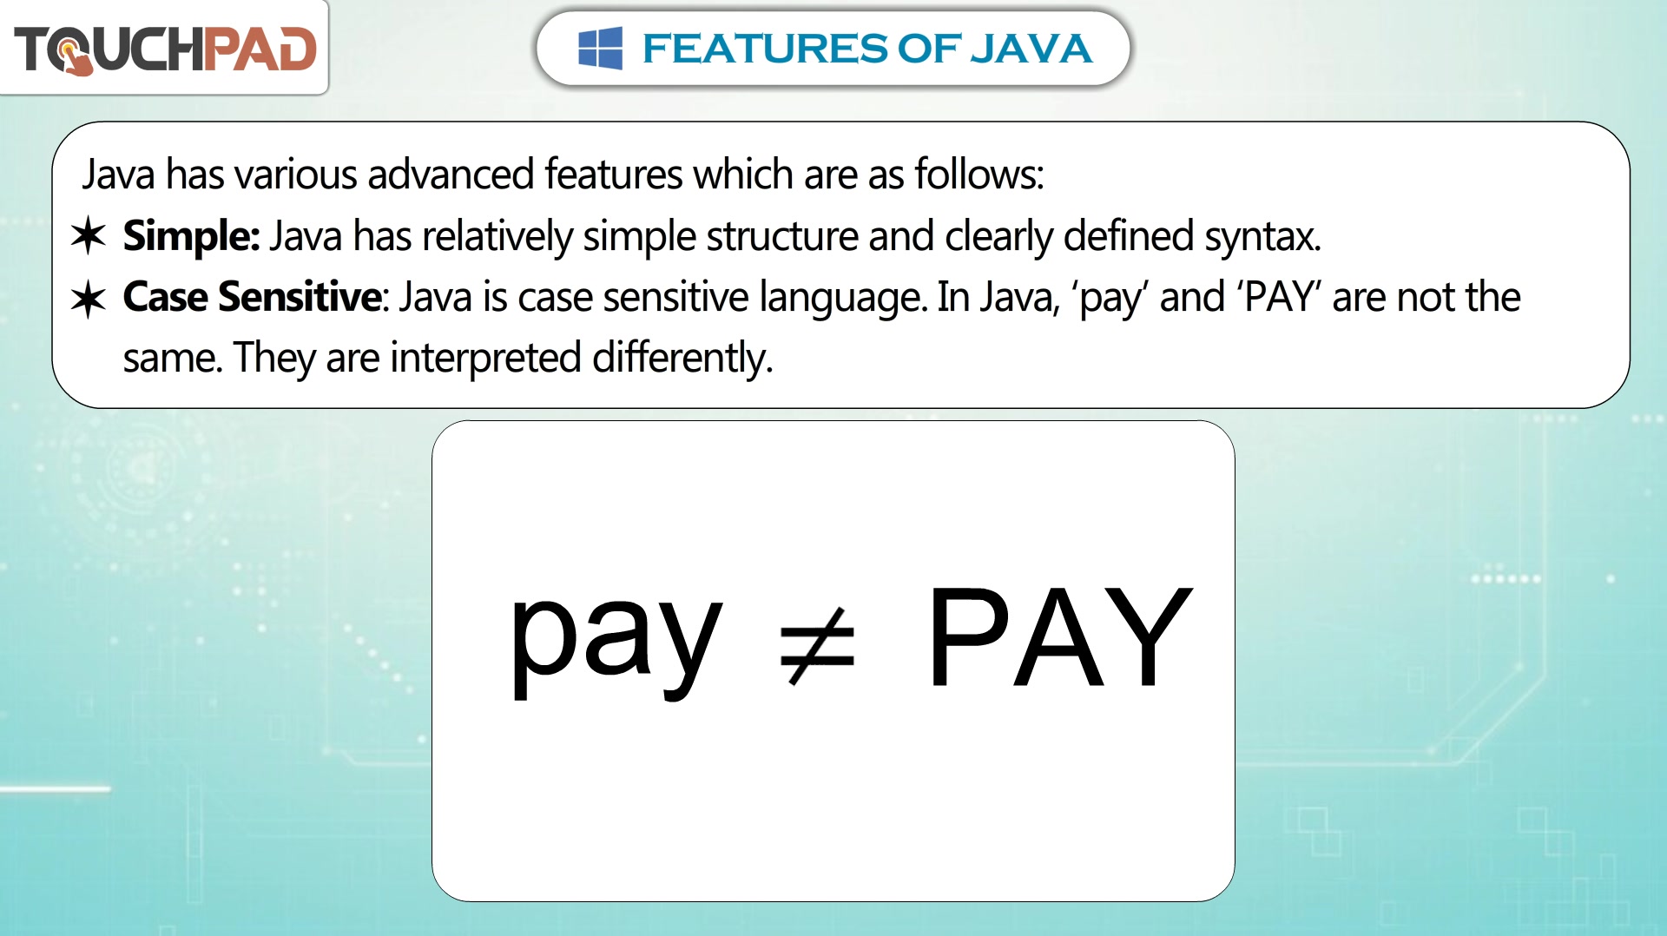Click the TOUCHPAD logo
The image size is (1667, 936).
point(165,49)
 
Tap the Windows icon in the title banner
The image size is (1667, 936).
point(600,48)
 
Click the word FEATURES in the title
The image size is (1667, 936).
point(766,49)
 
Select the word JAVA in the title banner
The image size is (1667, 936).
point(1030,49)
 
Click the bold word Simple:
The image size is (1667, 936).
point(191,237)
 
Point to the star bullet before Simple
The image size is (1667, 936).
point(89,236)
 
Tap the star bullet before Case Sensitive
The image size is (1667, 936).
point(89,300)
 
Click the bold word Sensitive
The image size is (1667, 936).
point(300,297)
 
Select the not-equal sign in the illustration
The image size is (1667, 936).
point(817,646)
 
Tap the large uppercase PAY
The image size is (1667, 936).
point(1060,636)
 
